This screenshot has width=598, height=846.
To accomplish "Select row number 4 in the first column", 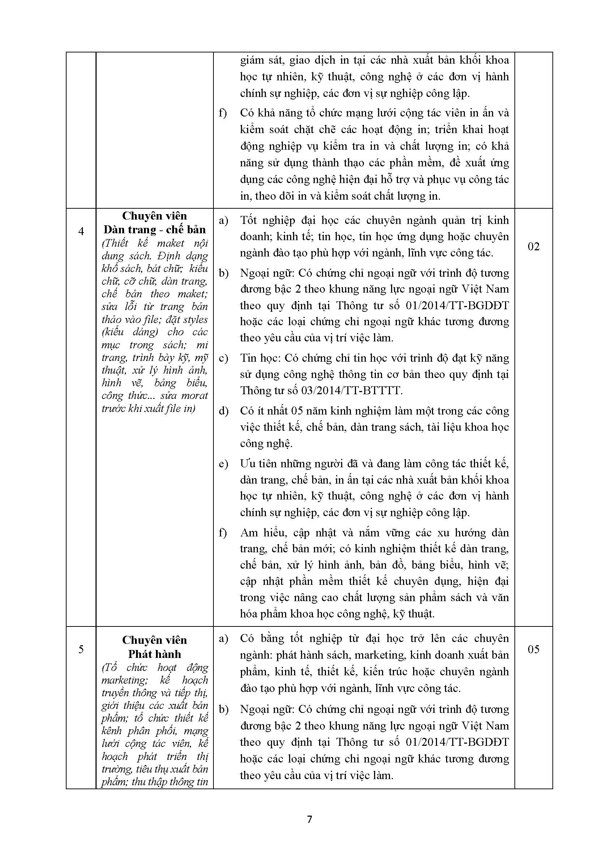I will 81,231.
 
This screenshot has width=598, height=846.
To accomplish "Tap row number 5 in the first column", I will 81,649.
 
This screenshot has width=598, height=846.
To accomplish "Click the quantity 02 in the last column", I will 534,247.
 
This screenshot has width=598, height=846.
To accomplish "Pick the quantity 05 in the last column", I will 534,649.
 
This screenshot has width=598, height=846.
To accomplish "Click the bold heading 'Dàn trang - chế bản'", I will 155,230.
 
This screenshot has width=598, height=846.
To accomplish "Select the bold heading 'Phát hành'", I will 155,654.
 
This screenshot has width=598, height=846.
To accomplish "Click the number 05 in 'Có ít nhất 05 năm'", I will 297,411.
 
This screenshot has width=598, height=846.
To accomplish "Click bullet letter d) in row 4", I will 223,411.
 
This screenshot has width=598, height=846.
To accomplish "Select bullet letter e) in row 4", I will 223,464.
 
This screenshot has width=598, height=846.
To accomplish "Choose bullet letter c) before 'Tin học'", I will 223,358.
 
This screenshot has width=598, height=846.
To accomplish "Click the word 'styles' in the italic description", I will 197,319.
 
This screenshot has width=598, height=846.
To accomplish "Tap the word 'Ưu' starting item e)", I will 247,464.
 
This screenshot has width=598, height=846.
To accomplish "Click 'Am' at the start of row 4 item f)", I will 248,533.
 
